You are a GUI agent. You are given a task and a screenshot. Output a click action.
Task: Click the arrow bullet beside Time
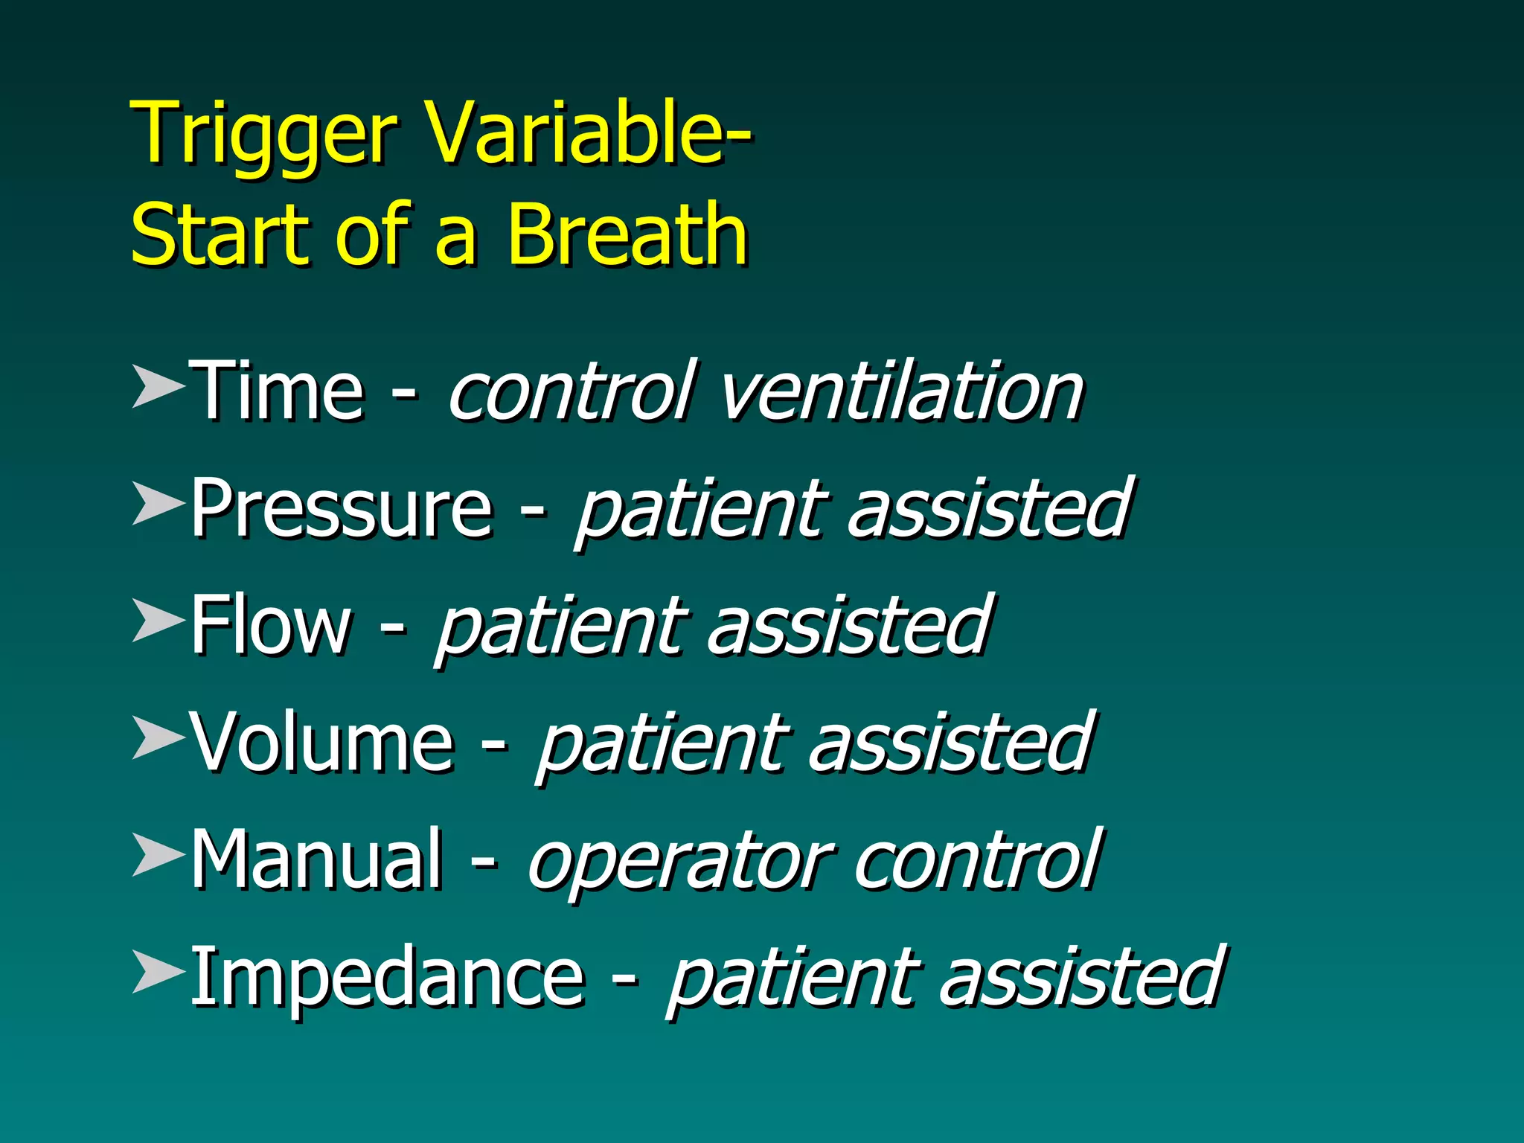point(158,386)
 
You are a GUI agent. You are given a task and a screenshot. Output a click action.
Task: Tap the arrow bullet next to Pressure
point(158,503)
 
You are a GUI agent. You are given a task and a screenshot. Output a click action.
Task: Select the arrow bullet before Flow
point(158,621)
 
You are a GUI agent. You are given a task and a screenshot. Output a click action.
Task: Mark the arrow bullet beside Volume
point(158,737)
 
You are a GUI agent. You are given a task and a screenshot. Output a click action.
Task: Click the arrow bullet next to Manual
point(158,855)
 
